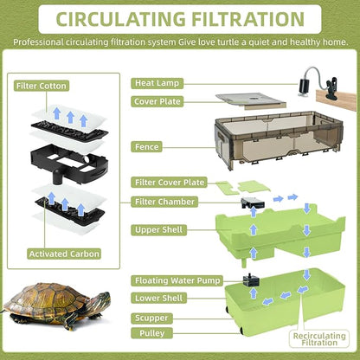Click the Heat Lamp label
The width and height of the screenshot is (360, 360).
157,83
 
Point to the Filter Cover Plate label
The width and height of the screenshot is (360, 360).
170,183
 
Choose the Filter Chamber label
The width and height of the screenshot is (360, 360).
164,201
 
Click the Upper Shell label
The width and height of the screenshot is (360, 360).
159,230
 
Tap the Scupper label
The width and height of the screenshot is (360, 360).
153,318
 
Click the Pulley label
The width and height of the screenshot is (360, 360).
150,332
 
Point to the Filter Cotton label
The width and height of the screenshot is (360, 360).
42,86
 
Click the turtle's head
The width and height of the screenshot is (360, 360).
97,302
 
